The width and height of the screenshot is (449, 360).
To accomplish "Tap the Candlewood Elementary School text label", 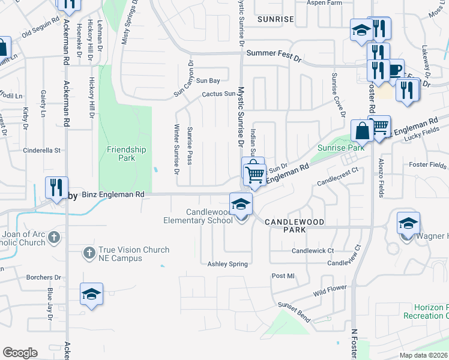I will pos(198,216).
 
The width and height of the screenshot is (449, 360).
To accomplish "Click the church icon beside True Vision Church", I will pos(89,253).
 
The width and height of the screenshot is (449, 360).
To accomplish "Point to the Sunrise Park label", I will pos(333,148).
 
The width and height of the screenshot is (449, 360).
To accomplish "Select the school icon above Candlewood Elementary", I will pos(241,204).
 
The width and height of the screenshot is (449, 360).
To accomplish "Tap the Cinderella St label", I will pos(42,150).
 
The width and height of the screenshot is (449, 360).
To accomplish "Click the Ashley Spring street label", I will pos(228,264).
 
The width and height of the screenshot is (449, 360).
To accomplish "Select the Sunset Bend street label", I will pos(293,312).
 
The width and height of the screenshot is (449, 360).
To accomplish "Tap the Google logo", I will pos(20,353).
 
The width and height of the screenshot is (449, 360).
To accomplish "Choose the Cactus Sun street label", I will pos(218,94).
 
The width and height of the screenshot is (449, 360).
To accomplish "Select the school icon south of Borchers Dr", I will pos(91,295).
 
